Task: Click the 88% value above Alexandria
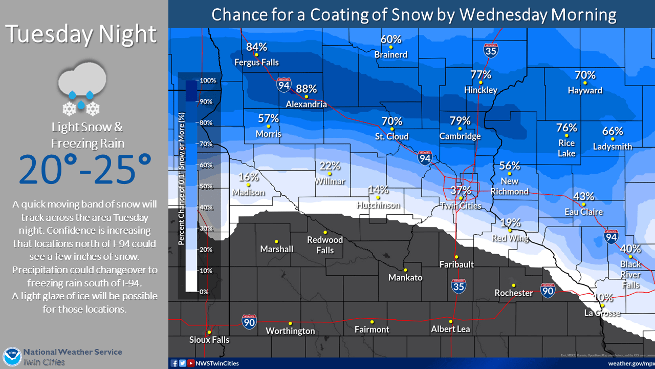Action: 306,89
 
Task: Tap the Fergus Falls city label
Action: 256,63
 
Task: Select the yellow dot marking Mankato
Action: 405,270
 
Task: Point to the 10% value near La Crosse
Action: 603,297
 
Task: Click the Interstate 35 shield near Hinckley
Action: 490,50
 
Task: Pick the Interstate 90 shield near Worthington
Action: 249,321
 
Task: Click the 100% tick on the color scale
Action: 207,80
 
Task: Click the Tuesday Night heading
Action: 81,34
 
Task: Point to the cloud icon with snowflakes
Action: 81,89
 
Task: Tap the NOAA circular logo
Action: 11,357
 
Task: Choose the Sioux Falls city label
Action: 209,340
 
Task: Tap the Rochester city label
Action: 513,293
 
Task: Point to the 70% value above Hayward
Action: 585,75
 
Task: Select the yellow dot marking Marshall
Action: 276,241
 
